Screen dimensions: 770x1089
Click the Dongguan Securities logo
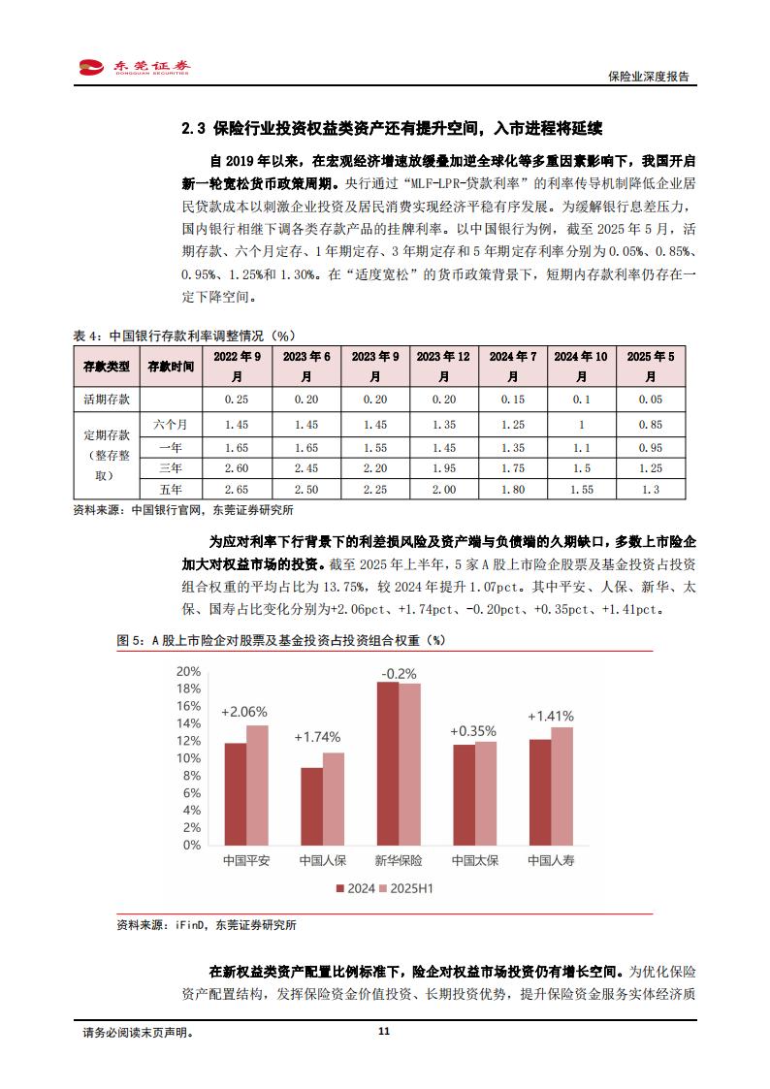[134, 67]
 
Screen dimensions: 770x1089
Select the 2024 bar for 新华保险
[388, 762]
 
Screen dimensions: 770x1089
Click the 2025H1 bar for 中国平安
[257, 785]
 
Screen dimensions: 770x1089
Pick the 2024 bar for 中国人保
[311, 805]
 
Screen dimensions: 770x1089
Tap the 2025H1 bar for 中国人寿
[561, 785]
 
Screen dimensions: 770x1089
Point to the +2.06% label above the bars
[244, 712]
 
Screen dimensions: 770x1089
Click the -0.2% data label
[399, 673]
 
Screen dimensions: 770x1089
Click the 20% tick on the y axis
[188, 671]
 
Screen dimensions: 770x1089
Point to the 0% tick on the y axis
[192, 844]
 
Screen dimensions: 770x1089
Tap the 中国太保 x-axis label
[474, 860]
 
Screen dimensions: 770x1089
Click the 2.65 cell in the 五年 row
[238, 491]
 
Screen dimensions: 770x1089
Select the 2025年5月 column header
[650, 367]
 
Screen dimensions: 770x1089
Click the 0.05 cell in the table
[650, 399]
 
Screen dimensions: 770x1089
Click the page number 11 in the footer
[384, 1033]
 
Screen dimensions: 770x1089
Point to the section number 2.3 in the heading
[194, 128]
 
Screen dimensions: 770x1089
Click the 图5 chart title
[281, 640]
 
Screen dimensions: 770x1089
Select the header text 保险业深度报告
[648, 77]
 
